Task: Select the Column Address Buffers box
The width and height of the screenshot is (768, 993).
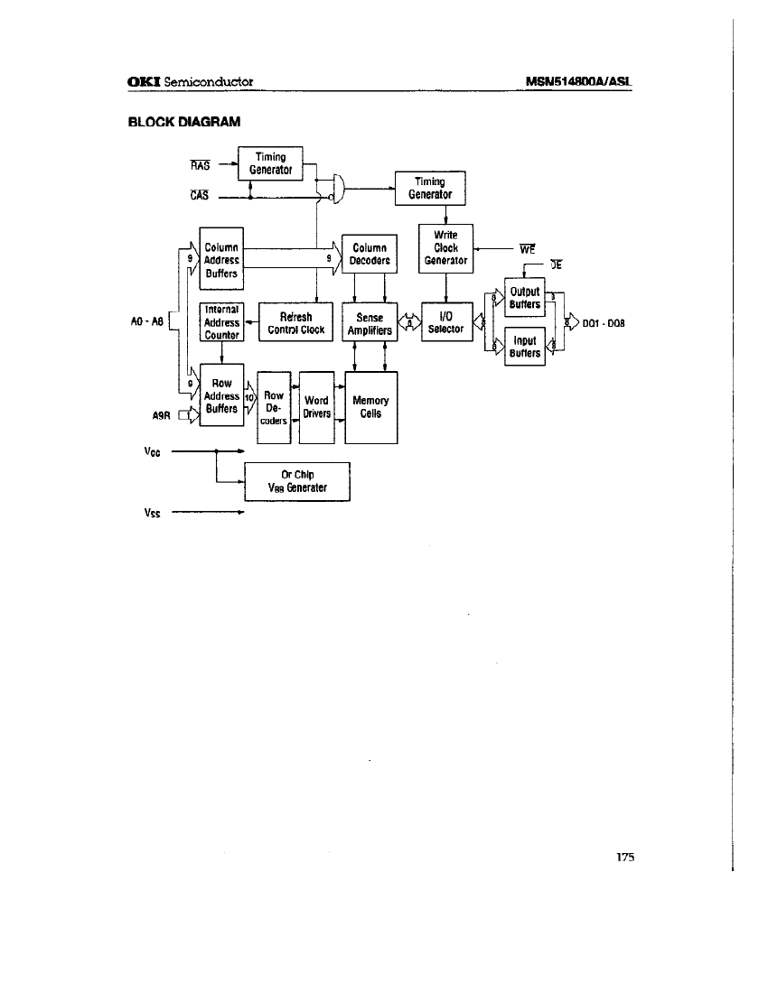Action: [221, 260]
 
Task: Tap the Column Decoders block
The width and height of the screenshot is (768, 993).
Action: [370, 255]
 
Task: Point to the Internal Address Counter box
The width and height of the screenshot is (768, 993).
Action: [221, 322]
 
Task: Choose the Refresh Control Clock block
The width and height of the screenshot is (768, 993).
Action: [295, 323]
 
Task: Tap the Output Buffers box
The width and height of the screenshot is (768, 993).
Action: [524, 298]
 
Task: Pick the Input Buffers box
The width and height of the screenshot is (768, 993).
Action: [524, 347]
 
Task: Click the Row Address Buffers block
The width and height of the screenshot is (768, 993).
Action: [221, 396]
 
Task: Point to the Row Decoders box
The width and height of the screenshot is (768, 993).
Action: [273, 407]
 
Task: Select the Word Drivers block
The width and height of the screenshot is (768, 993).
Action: [316, 407]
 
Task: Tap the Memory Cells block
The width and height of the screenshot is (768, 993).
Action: [370, 407]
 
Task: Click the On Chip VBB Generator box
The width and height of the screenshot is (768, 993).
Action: [296, 481]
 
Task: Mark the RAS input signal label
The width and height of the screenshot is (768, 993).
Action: [200, 165]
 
